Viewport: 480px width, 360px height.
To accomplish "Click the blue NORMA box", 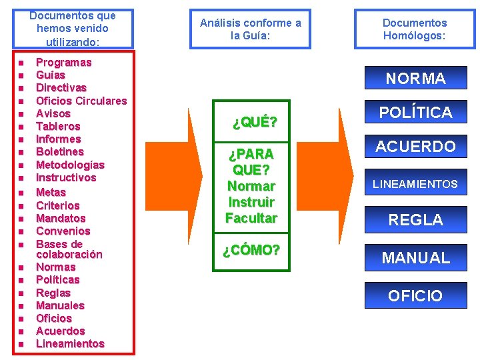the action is [415, 79].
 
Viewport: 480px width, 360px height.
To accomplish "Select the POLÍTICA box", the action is [415, 112].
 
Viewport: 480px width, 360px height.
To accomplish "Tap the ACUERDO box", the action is [415, 147].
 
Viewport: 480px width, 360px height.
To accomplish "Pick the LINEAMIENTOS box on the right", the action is [415, 184].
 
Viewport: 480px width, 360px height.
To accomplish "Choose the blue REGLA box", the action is [415, 219].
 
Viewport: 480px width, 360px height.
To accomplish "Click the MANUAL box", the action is [415, 257].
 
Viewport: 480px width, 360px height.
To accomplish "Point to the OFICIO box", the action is [415, 295].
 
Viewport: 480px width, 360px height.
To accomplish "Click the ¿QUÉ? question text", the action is [254, 122].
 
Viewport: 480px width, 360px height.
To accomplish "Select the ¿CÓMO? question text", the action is [251, 250].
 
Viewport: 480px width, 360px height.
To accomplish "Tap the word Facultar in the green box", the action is [251, 218].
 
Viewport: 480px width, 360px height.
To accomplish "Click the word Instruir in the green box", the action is [251, 202].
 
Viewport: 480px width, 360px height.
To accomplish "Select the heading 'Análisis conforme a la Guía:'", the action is [251, 29].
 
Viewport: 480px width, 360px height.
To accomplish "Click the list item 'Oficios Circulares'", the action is [81, 101].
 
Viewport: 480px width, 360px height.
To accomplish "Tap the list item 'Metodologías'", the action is [70, 165].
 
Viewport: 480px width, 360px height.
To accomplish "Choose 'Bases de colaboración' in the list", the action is [69, 249].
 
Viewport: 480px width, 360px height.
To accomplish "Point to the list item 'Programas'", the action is [63, 62].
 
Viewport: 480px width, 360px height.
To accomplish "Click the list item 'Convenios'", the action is [63, 231].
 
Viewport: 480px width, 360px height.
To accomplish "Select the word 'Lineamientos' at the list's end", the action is [70, 343].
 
